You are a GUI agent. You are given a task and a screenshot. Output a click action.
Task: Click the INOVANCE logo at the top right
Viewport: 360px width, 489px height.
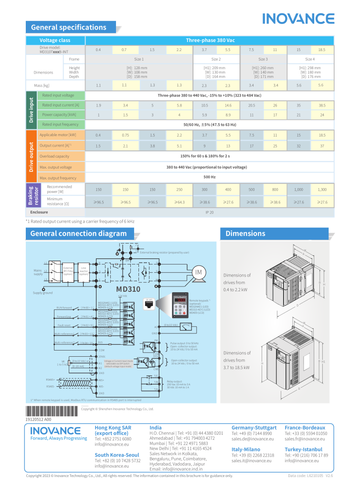pyautogui.click(x=298, y=19)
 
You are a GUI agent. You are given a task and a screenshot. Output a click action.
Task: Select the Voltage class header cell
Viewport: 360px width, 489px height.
pyautogui.click(x=55, y=41)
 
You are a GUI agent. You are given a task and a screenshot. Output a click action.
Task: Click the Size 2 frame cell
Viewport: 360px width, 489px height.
pyautogui.click(x=216, y=59)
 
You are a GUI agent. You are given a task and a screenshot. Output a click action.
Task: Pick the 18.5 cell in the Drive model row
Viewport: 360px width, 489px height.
pyautogui.click(x=322, y=50)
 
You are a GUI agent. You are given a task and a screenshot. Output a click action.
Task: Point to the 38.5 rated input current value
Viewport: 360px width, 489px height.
pyautogui.click(x=322, y=105)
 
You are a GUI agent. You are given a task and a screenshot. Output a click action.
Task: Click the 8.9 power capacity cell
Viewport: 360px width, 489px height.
pyautogui.click(x=228, y=115)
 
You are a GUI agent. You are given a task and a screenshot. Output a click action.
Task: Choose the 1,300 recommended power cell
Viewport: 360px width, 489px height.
pyautogui.click(x=322, y=190)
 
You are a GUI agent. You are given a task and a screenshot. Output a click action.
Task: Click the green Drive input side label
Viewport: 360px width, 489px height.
pyautogui.click(x=30, y=110)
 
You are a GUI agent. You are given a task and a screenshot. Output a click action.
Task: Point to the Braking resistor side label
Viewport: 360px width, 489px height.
pyautogui.click(x=30, y=195)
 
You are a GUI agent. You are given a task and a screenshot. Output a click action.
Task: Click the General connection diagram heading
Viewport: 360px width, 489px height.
pyautogui.click(x=78, y=234)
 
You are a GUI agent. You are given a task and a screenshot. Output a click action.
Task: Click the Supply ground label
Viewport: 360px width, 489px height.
pyautogui.click(x=43, y=293)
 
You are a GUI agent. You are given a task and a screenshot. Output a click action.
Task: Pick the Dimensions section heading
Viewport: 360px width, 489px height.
pyautogui.click(x=245, y=234)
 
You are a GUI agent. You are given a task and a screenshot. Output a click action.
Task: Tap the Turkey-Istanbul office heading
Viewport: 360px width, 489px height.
pyautogui.click(x=303, y=449)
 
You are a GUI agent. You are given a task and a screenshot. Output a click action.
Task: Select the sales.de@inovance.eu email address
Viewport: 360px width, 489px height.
pyautogui.click(x=253, y=438)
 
